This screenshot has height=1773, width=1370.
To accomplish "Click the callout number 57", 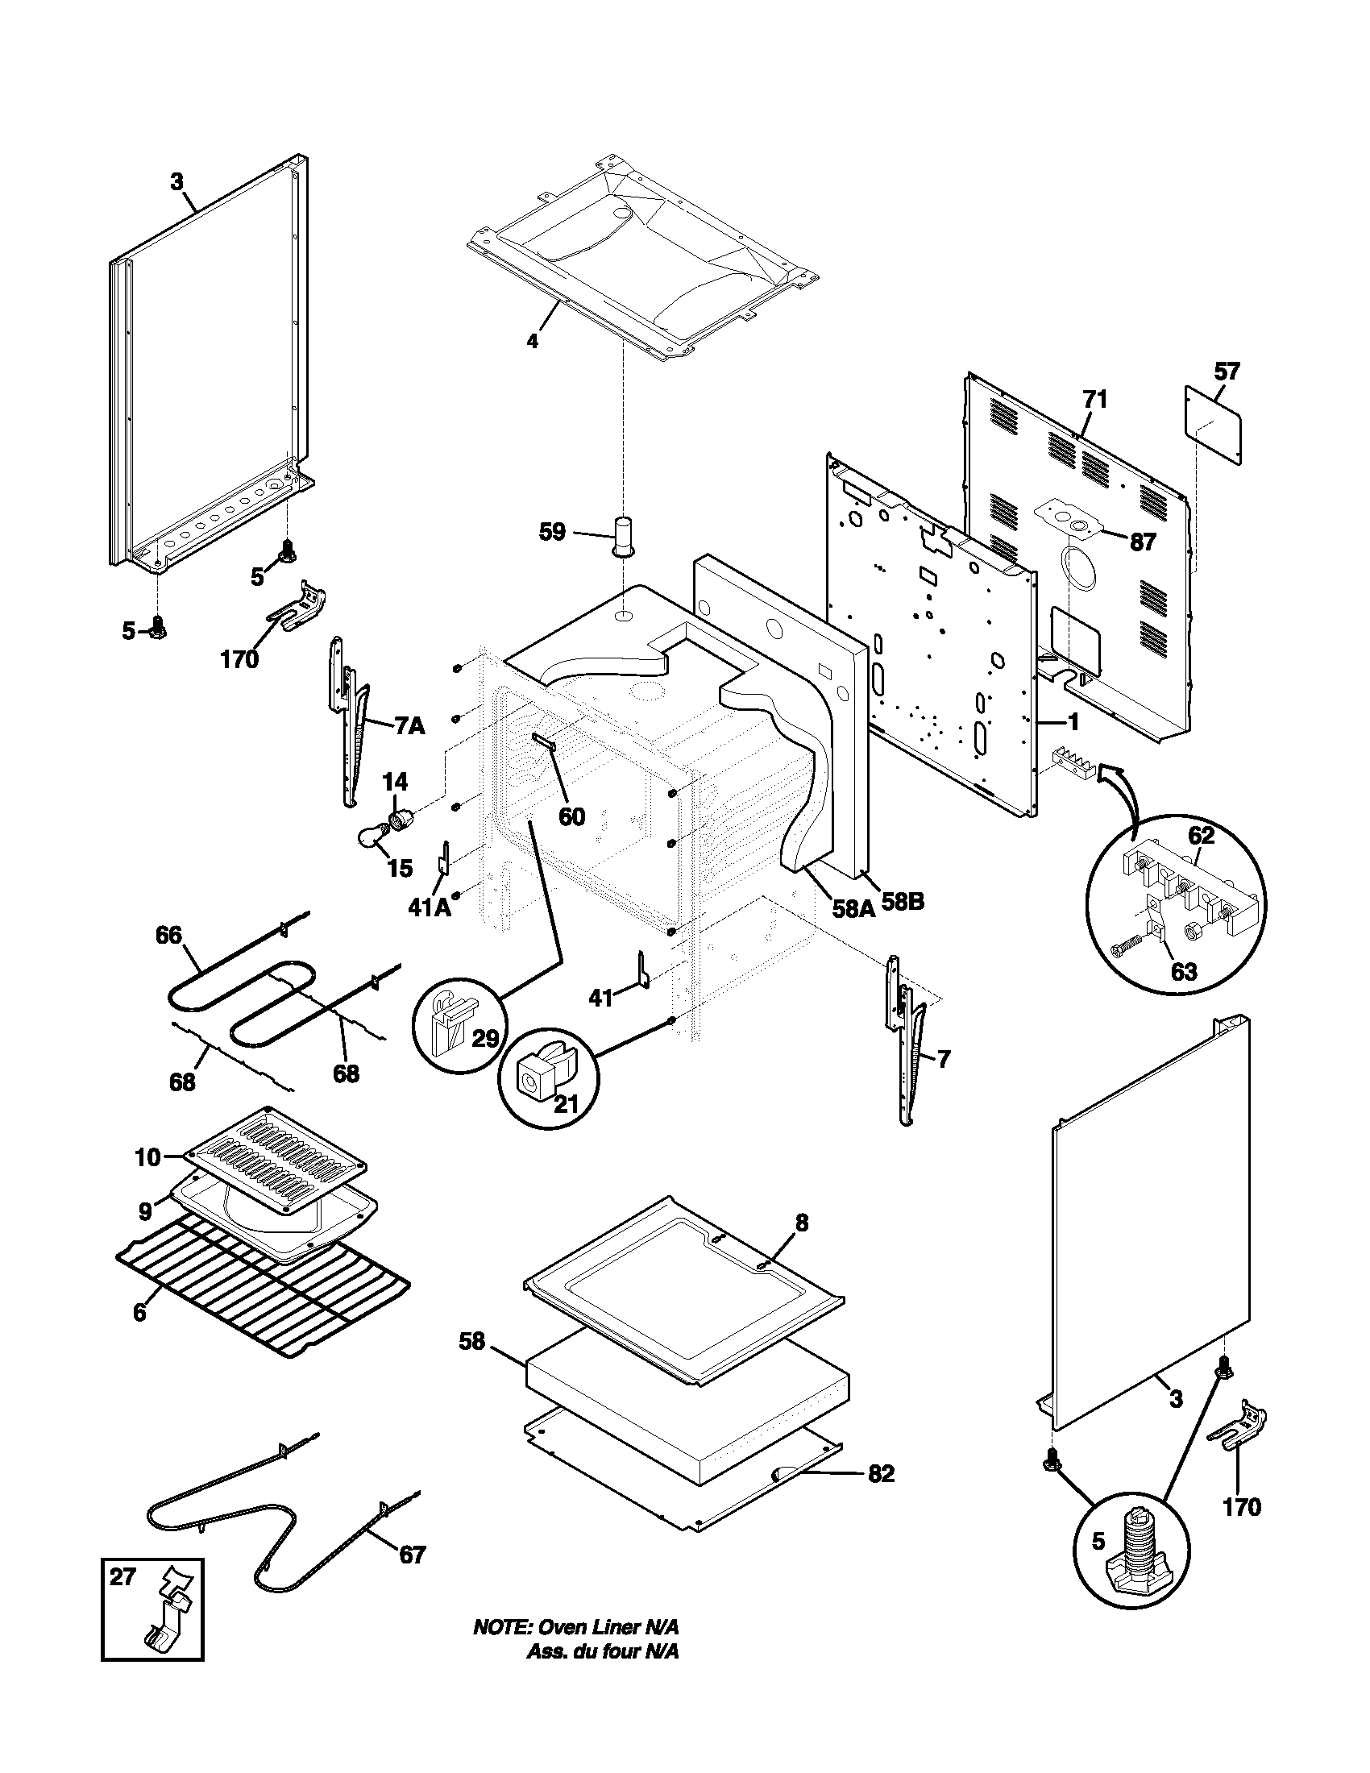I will [1227, 372].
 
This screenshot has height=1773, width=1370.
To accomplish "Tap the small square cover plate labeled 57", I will [1214, 426].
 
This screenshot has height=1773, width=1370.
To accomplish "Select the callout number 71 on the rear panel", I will [1094, 400].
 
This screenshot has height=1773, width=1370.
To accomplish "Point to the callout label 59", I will [552, 534].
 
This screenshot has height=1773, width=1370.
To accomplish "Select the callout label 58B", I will [903, 901].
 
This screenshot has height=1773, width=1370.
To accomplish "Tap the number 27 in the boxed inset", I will [123, 1577].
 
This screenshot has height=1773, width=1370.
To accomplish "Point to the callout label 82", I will [881, 1473].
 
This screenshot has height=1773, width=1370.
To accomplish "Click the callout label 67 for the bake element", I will [412, 1554].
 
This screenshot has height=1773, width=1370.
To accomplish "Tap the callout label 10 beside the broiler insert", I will [147, 1156].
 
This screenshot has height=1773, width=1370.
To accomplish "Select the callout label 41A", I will [430, 907].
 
